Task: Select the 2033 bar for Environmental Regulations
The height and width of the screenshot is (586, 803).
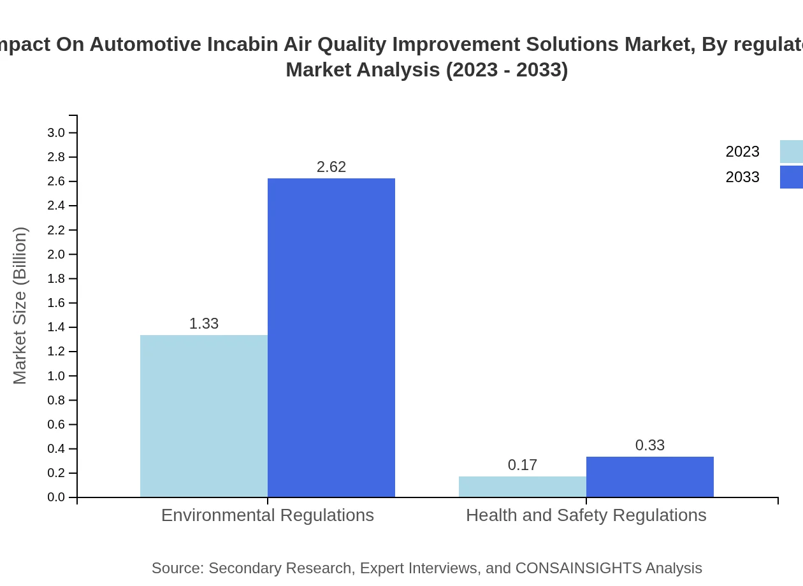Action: pyautogui.click(x=331, y=338)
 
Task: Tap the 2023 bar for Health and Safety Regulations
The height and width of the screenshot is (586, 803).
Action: pyautogui.click(x=523, y=487)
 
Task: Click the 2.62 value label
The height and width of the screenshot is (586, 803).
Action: pyautogui.click(x=331, y=167)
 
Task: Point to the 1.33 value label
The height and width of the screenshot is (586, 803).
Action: pyautogui.click(x=204, y=324)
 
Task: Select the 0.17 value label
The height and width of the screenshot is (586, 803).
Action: pyautogui.click(x=523, y=465)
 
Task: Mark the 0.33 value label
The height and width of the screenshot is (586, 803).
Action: pyautogui.click(x=650, y=445)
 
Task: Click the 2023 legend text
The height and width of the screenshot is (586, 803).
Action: pyautogui.click(x=742, y=152)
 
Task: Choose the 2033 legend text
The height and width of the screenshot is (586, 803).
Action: pyautogui.click(x=742, y=177)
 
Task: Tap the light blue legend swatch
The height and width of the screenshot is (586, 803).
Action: pyautogui.click(x=792, y=152)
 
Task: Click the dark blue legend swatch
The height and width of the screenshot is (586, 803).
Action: pyautogui.click(x=792, y=177)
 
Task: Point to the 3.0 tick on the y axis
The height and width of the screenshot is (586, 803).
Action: pyautogui.click(x=56, y=132)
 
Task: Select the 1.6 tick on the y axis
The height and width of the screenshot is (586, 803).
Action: pyautogui.click(x=56, y=303)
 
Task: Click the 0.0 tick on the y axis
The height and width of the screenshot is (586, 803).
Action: pyautogui.click(x=56, y=497)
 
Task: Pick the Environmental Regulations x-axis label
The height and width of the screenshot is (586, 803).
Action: pyautogui.click(x=268, y=515)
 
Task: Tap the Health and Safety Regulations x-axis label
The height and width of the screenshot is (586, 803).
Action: pyautogui.click(x=586, y=515)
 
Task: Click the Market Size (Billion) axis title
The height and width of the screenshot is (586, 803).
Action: pyautogui.click(x=20, y=306)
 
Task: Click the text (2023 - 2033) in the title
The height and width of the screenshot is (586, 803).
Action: pyautogui.click(x=507, y=69)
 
